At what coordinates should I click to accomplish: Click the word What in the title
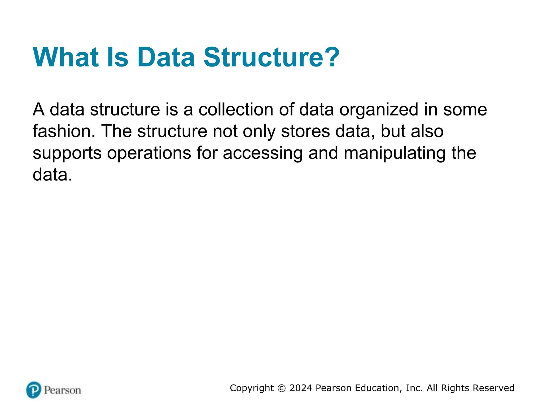(x=65, y=57)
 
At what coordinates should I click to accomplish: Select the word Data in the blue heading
(x=166, y=57)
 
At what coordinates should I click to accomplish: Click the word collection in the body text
(x=236, y=109)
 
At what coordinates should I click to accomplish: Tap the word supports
(x=67, y=153)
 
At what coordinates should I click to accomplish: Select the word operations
(x=149, y=153)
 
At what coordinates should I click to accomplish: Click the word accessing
(x=262, y=153)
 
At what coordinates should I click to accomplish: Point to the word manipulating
(x=395, y=153)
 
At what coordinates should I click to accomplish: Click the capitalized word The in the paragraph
(x=116, y=131)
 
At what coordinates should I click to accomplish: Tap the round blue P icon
(x=34, y=390)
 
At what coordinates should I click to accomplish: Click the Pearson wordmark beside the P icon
(x=62, y=390)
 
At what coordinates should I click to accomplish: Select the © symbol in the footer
(x=282, y=388)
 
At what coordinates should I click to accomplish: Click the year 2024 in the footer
(x=301, y=388)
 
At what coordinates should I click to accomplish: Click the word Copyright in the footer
(x=252, y=388)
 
